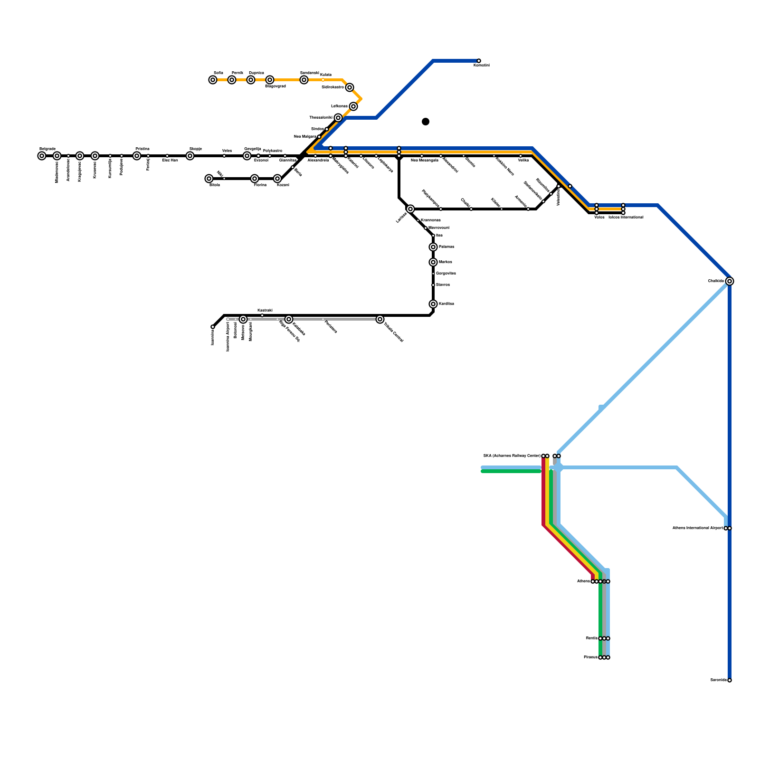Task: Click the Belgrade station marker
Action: [x=42, y=156]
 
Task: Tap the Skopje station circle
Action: [x=190, y=156]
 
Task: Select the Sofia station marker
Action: [x=213, y=80]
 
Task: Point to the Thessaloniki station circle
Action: [x=338, y=118]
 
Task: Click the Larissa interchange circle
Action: [x=410, y=209]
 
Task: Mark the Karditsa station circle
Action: [x=433, y=304]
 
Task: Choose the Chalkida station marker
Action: [x=730, y=281]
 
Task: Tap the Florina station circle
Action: [x=255, y=179]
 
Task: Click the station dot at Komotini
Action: [x=479, y=61]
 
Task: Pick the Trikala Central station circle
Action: [x=380, y=319]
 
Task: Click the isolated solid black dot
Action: [x=426, y=122]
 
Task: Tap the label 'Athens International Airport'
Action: [x=698, y=528]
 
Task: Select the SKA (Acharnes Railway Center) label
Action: [x=512, y=456]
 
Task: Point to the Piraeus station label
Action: [x=590, y=657]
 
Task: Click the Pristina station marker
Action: [x=137, y=156]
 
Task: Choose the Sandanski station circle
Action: [x=304, y=80]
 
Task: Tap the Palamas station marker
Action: [x=433, y=247]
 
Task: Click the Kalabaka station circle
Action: [x=289, y=319]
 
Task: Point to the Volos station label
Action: [x=599, y=217]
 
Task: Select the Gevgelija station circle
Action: [x=247, y=156]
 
